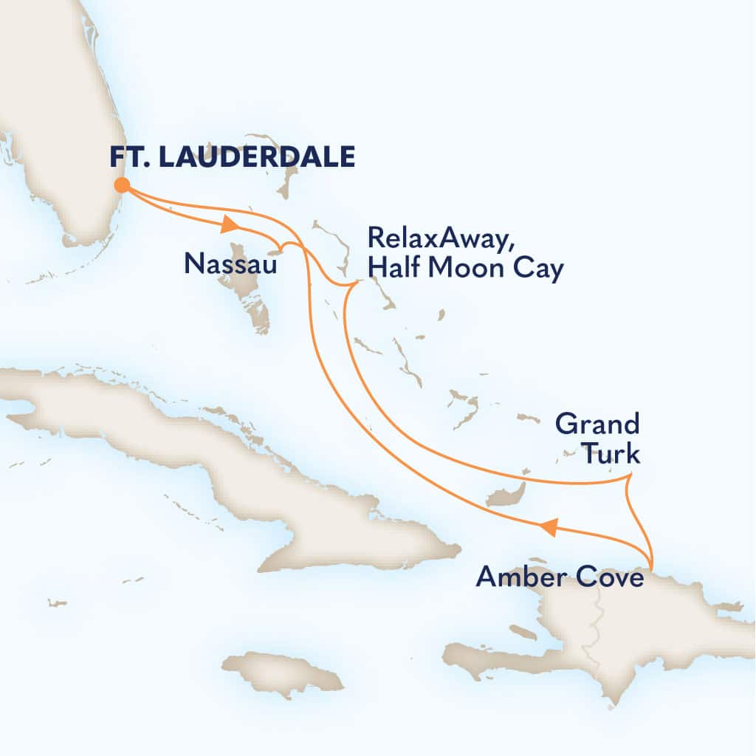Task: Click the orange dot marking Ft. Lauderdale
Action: [122, 185]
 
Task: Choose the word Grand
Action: [597, 425]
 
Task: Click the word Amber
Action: [518, 576]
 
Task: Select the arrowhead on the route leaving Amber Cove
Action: [546, 526]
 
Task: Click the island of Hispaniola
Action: [628, 635]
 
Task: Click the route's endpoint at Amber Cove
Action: [651, 566]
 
